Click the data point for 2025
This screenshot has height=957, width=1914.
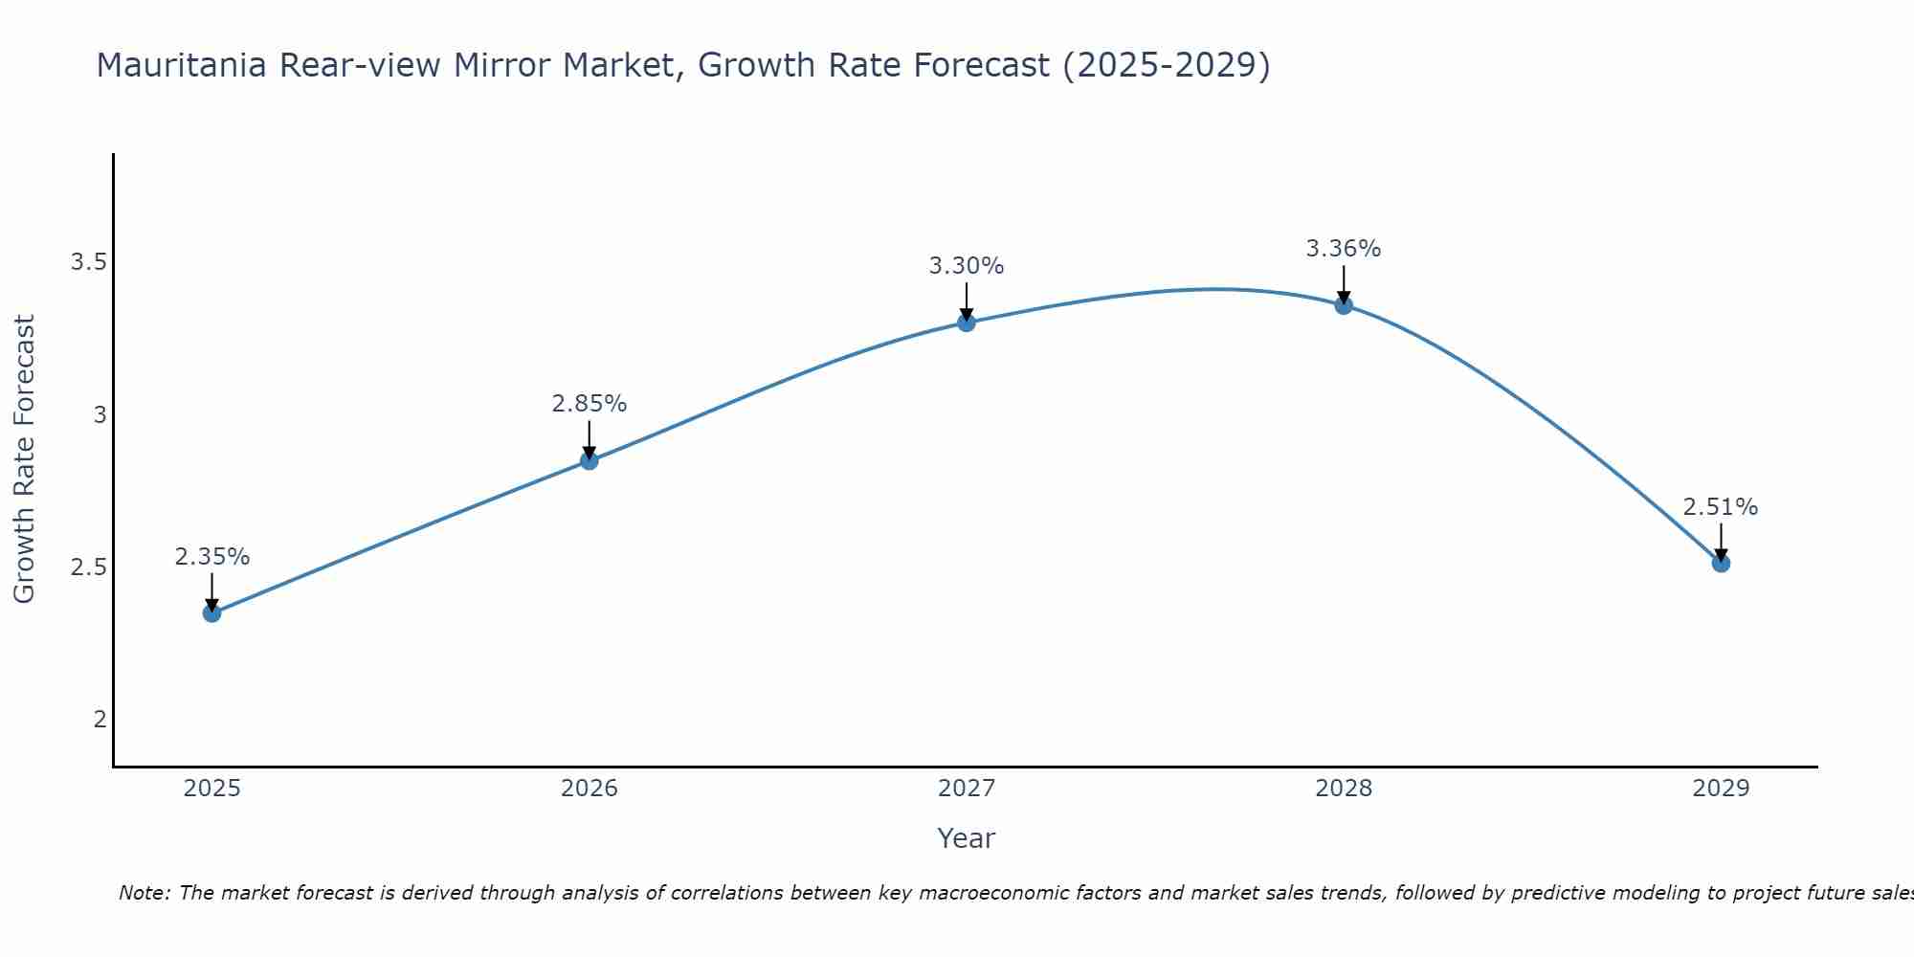click(212, 612)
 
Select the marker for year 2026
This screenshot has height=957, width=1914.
click(590, 460)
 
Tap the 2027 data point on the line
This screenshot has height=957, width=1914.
click(967, 323)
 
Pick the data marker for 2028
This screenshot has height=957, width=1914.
click(1344, 305)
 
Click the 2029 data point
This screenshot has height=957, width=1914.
click(1721, 563)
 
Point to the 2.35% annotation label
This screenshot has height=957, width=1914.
click(212, 557)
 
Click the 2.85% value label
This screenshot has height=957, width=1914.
click(590, 404)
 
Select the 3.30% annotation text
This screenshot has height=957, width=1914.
click(967, 266)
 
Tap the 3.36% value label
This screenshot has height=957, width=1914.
click(1344, 249)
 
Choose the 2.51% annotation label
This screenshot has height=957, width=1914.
click(1721, 507)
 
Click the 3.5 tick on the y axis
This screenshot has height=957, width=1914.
click(88, 262)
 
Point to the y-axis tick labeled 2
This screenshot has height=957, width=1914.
click(100, 719)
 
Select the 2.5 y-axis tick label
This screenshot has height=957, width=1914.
click(88, 567)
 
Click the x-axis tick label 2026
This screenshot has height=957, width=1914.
click(590, 789)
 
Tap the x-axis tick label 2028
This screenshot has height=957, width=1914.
click(1344, 789)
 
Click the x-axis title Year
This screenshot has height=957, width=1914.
click(967, 838)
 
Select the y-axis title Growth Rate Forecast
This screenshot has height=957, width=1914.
click(24, 459)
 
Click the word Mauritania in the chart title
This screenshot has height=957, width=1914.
click(183, 65)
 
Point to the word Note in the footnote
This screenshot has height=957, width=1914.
click(144, 893)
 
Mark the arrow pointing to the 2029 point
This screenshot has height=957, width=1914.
click(1721, 542)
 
